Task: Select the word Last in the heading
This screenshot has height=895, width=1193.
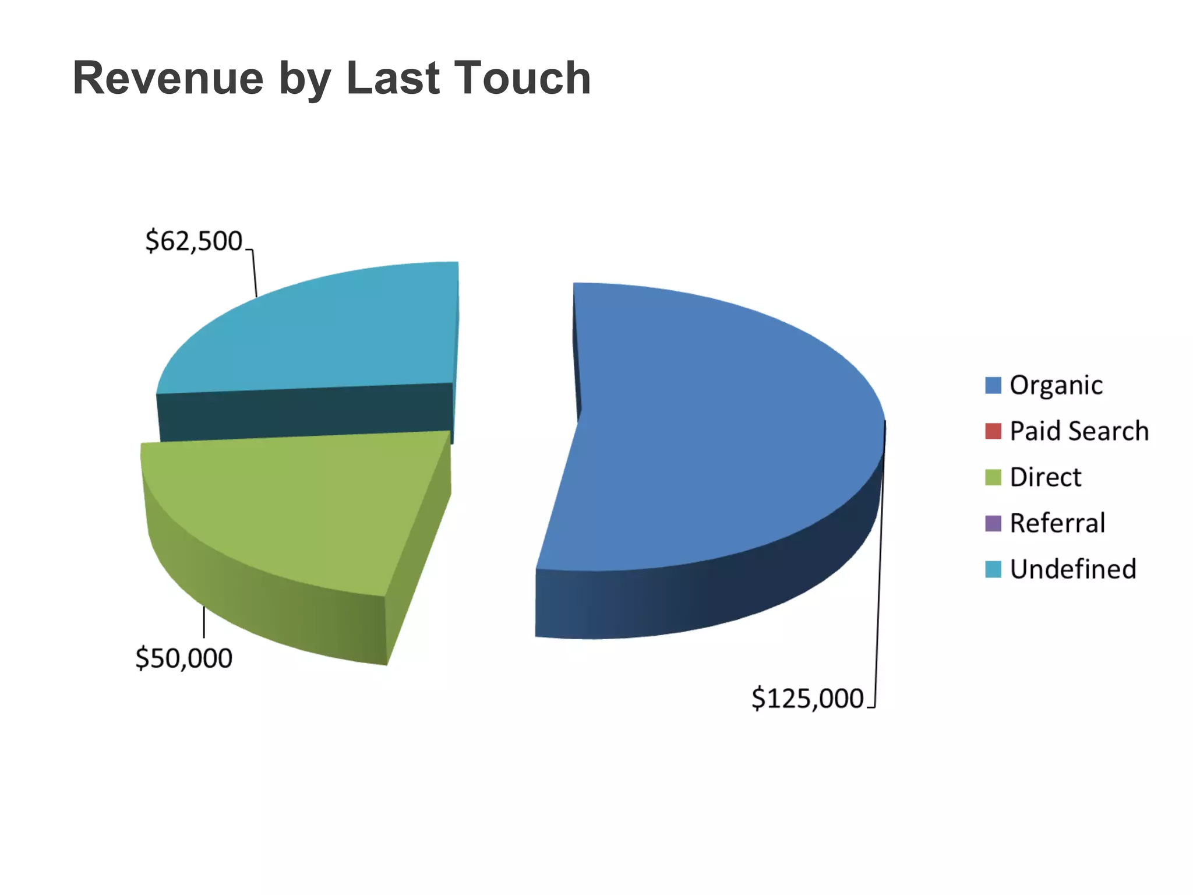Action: (393, 79)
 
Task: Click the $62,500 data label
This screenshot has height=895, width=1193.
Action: (193, 241)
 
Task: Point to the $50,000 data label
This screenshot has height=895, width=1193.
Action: (183, 658)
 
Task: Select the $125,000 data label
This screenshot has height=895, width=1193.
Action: (807, 698)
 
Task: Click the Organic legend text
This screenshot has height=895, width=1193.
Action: (1056, 385)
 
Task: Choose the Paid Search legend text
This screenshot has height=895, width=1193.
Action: (1079, 431)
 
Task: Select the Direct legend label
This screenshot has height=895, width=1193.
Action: (1045, 477)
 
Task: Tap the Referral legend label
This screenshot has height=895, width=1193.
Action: (1057, 523)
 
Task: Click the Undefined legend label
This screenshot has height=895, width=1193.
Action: (1072, 569)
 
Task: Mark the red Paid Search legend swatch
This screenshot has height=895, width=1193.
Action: (993, 431)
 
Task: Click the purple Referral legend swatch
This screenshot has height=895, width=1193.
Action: (993, 523)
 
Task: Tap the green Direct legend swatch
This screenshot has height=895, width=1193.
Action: (993, 477)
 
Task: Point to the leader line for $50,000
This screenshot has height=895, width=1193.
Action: (204, 622)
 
